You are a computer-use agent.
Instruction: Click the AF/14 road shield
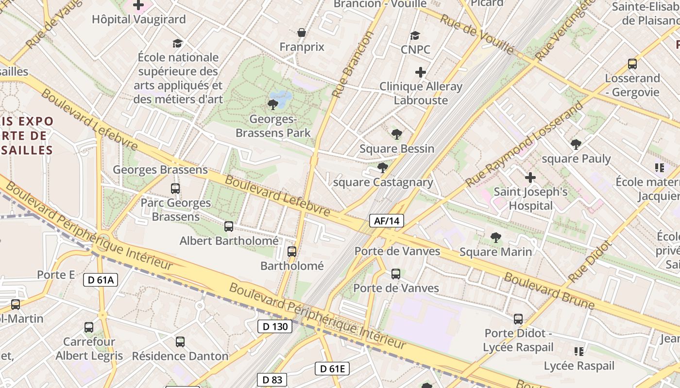tap(387, 221)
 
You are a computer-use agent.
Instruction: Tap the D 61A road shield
tap(101, 279)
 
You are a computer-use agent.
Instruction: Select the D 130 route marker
tap(275, 326)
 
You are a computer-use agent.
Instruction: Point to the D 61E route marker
tap(332, 369)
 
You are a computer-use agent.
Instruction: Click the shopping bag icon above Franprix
tap(302, 33)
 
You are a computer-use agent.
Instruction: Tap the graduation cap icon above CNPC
tap(415, 36)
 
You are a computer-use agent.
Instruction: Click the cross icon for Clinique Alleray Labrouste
tap(421, 73)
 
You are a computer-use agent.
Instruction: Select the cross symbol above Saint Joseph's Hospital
tap(530, 178)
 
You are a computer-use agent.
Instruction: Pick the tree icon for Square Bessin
tap(397, 134)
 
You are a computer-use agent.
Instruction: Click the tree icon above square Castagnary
tap(383, 168)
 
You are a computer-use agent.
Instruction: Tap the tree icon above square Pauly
tap(576, 144)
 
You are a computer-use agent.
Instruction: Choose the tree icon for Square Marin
tap(495, 238)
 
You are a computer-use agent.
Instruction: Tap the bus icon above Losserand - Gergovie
tap(632, 64)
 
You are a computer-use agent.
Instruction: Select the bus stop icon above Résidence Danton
tap(180, 342)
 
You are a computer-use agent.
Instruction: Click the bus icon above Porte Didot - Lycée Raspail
tap(518, 319)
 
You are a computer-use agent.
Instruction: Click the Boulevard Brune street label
tap(549, 291)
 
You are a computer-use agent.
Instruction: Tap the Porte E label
tap(56, 275)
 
